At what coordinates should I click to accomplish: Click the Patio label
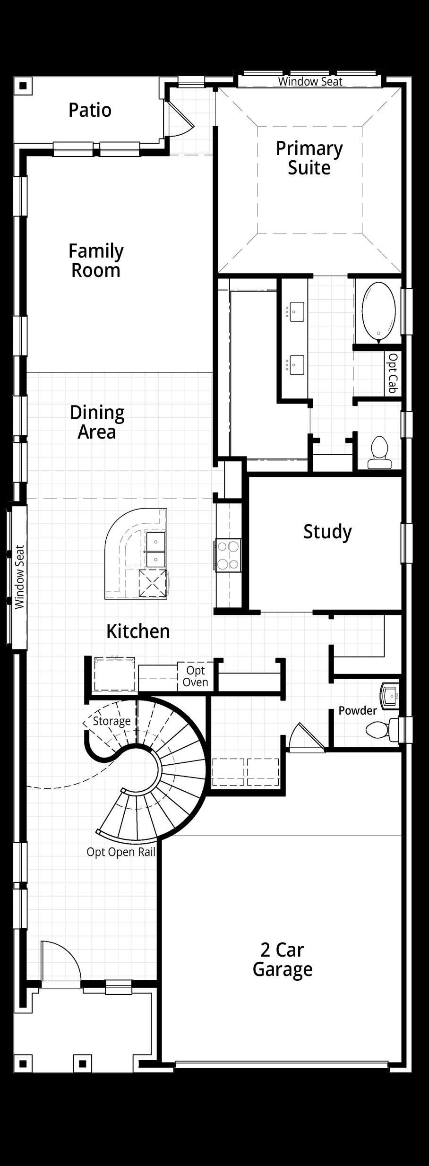[x=90, y=110]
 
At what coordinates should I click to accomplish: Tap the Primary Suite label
[x=309, y=158]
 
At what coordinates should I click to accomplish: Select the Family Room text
[x=96, y=260]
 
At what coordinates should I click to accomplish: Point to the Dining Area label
[x=97, y=422]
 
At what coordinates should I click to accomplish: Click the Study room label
[x=327, y=532]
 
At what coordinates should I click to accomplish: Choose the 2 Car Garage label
[x=283, y=959]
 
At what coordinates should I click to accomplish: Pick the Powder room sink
[x=390, y=695]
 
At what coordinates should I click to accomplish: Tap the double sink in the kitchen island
[x=155, y=549]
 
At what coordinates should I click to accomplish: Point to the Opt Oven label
[x=195, y=676]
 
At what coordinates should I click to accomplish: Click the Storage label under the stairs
[x=112, y=721]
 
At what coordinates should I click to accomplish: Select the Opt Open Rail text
[x=121, y=852]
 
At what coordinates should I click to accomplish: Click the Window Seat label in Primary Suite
[x=310, y=81]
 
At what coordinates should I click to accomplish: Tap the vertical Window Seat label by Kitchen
[x=19, y=577]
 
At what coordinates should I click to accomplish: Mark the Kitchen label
[x=138, y=631]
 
